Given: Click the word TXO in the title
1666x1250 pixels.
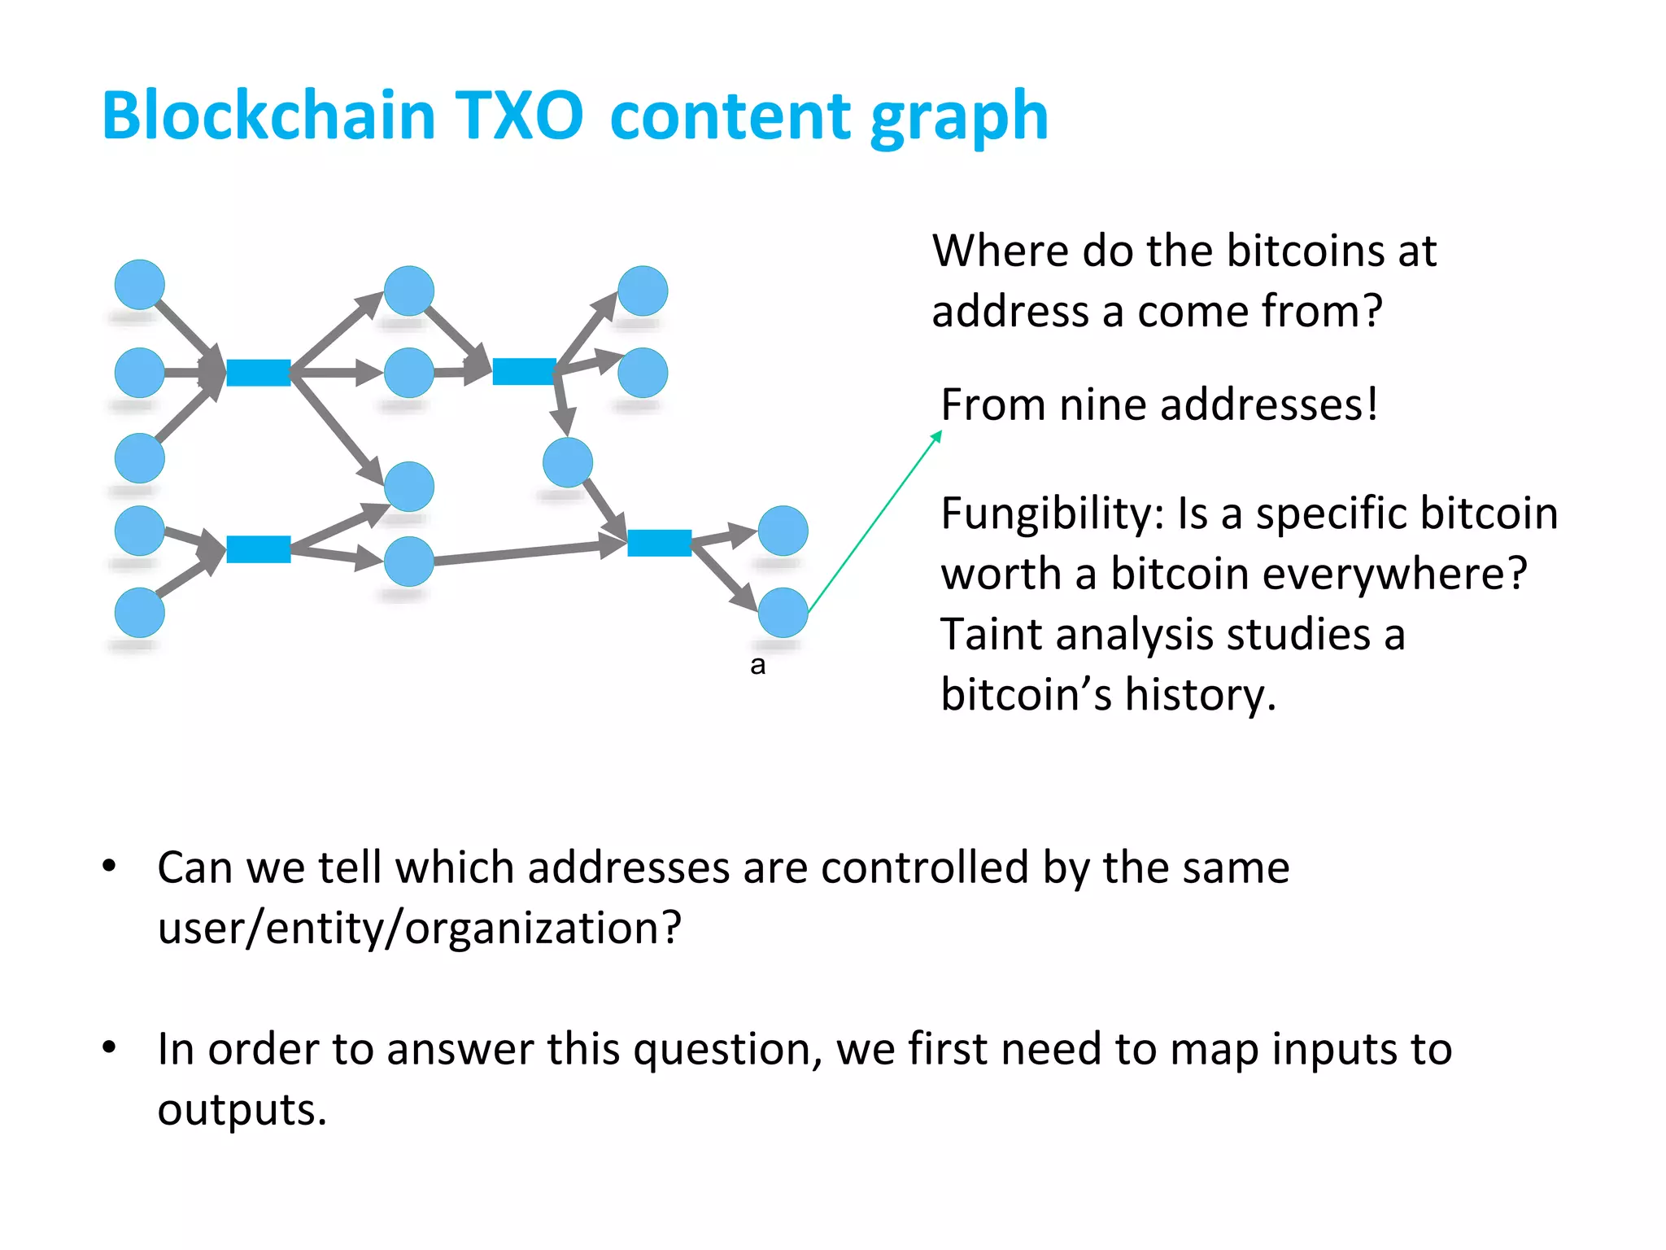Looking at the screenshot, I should (x=517, y=116).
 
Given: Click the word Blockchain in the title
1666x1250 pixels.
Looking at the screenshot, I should (x=268, y=116).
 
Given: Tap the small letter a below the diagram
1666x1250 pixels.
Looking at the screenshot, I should (x=757, y=665).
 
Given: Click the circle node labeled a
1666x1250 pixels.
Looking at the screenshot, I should (x=783, y=612).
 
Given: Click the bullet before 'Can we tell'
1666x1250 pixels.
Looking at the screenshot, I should (x=110, y=866).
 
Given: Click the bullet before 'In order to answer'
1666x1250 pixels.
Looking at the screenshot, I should (x=110, y=1047).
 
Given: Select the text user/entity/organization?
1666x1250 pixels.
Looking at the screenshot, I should (x=419, y=928).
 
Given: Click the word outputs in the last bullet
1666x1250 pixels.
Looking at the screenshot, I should (x=241, y=1110).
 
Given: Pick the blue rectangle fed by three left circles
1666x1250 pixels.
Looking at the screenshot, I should (x=259, y=372).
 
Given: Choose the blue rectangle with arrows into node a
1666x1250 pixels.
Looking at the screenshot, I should (x=659, y=542).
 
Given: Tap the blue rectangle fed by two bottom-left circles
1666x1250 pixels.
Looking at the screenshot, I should (x=259, y=549).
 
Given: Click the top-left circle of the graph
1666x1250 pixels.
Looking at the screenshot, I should (x=140, y=285).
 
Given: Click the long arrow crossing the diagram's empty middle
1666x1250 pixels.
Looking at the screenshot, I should (x=521, y=553).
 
